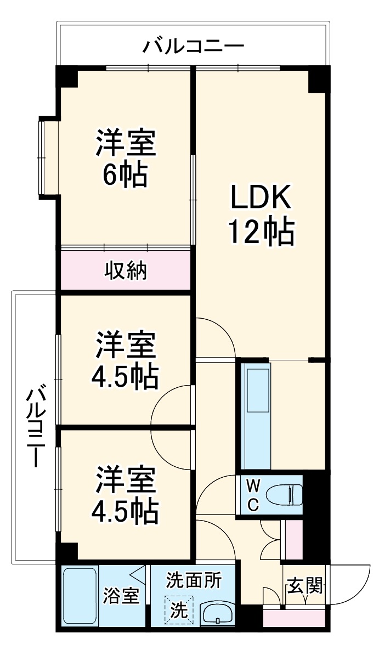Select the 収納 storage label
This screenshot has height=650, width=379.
tap(126, 270)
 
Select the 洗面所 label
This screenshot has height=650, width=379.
tap(194, 579)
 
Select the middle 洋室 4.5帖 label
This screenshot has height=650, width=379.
tap(126, 362)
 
